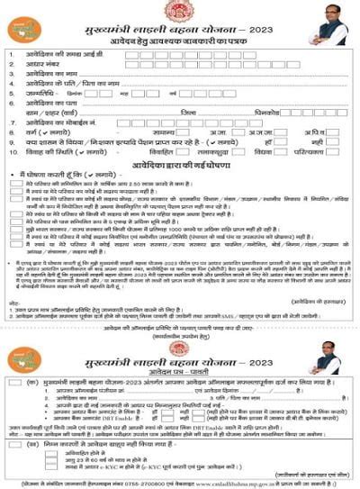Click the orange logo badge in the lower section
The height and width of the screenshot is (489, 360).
[24, 358]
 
